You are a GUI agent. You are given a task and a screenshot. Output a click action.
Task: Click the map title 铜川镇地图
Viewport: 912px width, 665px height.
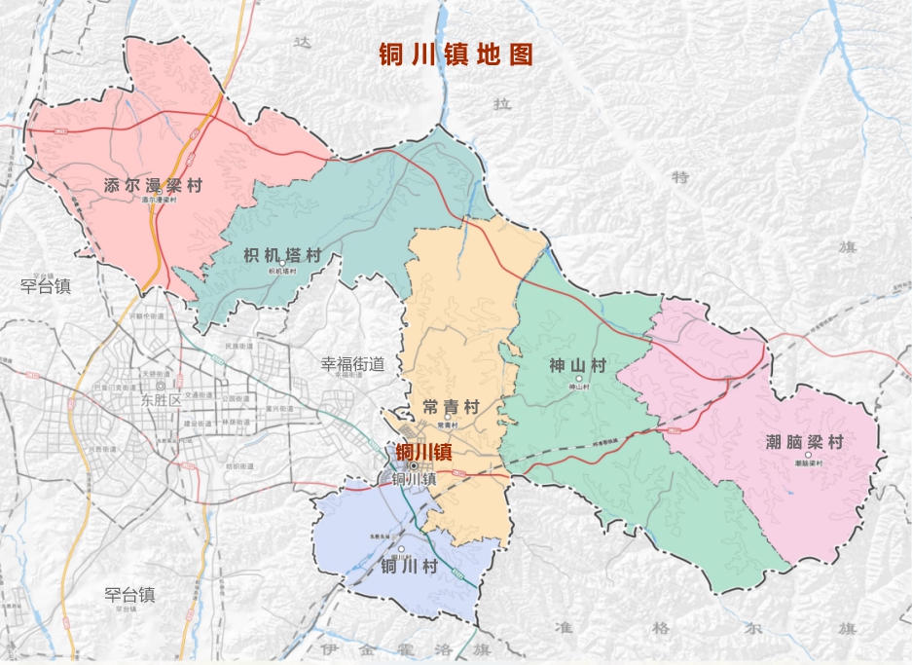coord(456,55)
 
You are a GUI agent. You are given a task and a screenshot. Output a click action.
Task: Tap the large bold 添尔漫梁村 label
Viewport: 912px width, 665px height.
coord(153,185)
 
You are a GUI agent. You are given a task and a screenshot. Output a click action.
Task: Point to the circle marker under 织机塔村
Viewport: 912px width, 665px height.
coord(281,264)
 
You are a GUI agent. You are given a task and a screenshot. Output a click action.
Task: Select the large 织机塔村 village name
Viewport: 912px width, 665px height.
coord(281,255)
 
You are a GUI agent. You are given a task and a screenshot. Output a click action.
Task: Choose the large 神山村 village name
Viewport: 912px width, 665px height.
coord(577,366)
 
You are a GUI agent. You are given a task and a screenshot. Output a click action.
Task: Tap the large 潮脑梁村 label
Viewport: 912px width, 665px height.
coord(804,442)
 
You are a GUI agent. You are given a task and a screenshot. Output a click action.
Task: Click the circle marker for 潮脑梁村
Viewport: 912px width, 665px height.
coord(807,455)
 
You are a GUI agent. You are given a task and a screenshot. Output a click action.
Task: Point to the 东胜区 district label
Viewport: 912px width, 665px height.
coord(161,400)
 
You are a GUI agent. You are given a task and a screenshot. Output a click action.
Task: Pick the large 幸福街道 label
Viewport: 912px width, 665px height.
coord(353,364)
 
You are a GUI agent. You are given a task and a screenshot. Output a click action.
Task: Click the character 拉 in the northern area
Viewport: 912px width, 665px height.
coord(502,105)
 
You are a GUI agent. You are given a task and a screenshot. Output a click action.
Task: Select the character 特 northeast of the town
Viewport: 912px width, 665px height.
coord(680,177)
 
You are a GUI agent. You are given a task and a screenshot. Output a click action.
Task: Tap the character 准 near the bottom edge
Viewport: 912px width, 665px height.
coord(562,626)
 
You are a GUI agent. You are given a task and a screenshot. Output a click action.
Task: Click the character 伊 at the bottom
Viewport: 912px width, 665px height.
coord(326,648)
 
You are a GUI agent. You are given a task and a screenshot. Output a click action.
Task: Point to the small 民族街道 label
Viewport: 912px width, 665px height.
coord(238,347)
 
